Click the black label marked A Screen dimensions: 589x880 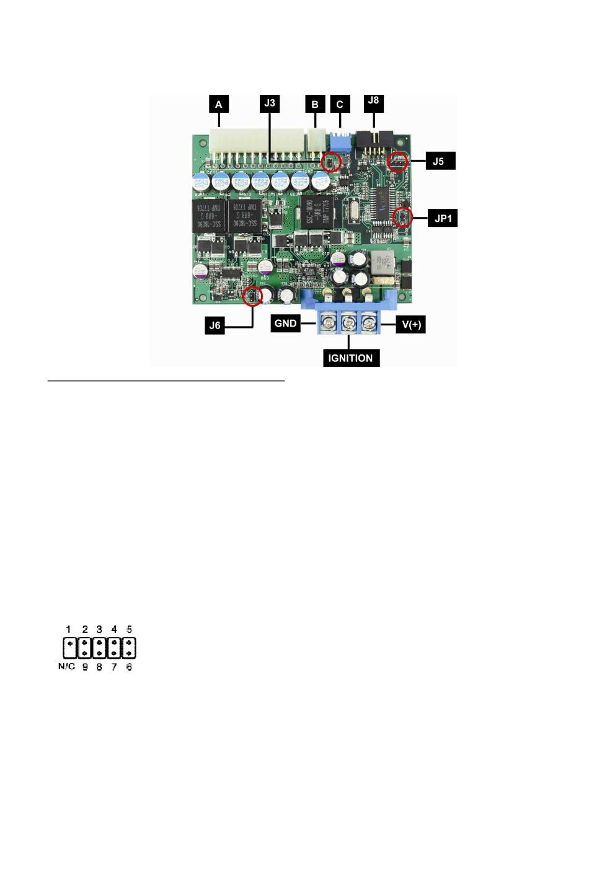click(x=219, y=104)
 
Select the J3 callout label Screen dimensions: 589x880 click(x=270, y=103)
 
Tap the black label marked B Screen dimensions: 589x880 click(x=315, y=104)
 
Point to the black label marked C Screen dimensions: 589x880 click(x=340, y=104)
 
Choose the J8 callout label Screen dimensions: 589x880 click(x=373, y=100)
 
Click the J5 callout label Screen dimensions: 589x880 click(x=438, y=161)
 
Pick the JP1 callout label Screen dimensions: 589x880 click(x=442, y=219)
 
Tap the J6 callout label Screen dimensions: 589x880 click(x=215, y=325)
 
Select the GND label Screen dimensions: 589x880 click(x=285, y=323)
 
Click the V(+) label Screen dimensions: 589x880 click(x=410, y=324)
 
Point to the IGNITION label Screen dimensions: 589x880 click(x=350, y=358)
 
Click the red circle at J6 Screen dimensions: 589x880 click(x=252, y=296)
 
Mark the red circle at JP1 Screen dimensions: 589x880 click(x=403, y=217)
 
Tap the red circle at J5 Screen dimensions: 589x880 click(x=398, y=162)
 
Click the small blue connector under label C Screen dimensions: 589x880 click(x=339, y=139)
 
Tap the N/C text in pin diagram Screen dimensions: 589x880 click(x=66, y=667)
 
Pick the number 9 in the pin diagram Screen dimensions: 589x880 click(x=85, y=667)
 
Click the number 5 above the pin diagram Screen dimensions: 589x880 click(x=129, y=629)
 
